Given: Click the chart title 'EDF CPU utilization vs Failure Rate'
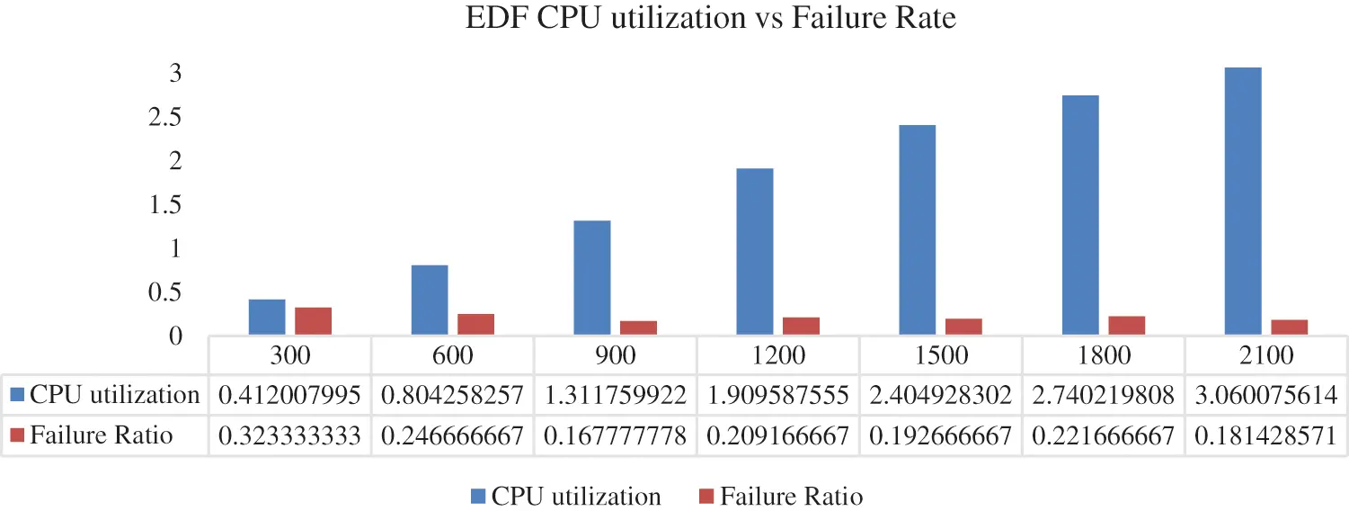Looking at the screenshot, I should point(710,19).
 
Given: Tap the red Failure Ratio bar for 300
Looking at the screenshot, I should point(314,321).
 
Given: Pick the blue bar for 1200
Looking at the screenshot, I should point(755,252).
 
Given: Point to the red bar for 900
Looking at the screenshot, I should point(638,327).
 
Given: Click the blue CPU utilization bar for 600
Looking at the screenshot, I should point(430,300).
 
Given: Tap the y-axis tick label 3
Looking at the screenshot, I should point(177,74).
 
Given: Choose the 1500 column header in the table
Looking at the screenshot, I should point(943,355).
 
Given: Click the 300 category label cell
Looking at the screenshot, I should point(290,355).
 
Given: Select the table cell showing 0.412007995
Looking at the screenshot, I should point(290,395).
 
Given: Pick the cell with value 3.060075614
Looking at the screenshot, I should point(1267,395).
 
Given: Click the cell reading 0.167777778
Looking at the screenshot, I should point(616,436).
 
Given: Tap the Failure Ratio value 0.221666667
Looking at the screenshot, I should point(1105,436).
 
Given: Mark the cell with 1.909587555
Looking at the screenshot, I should point(779,395).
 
